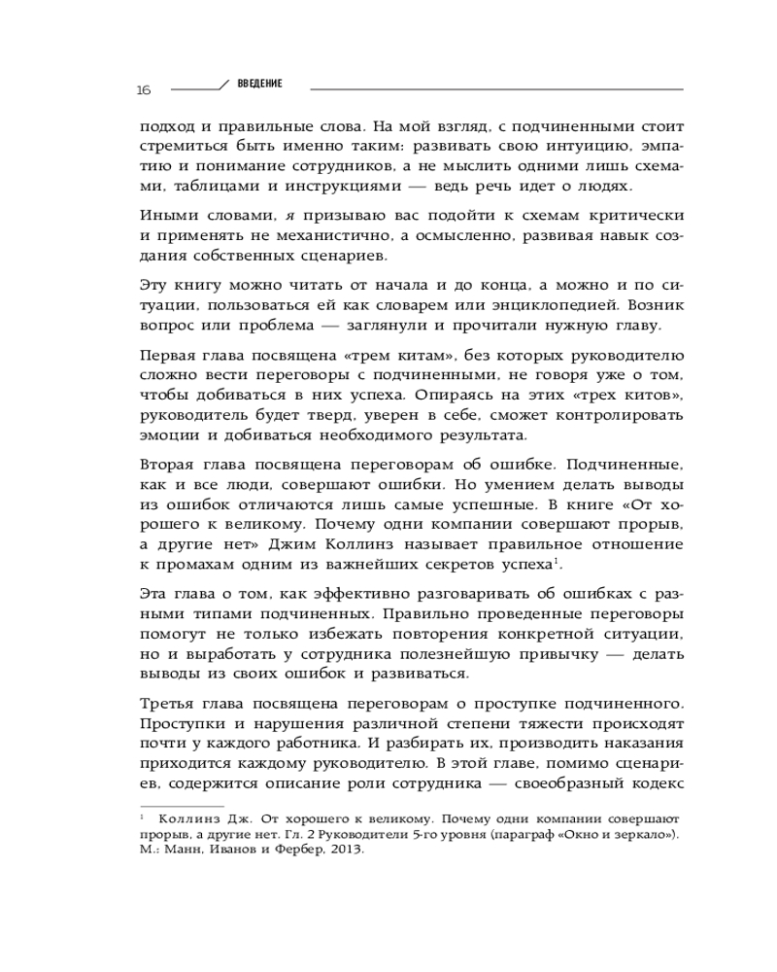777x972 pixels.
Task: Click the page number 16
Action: point(144,90)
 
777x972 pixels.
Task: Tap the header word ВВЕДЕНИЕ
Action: point(260,84)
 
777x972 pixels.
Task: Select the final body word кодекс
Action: point(659,781)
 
